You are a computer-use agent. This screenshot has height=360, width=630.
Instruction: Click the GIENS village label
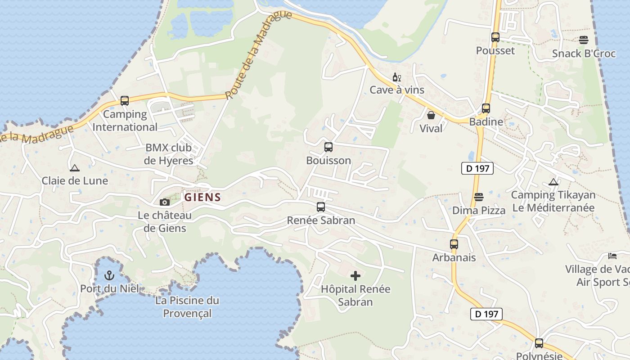202,197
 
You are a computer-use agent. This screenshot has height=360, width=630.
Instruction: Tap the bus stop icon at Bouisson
328,147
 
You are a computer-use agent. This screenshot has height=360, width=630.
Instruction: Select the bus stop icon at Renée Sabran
321,207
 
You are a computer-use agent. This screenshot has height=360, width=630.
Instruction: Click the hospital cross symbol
355,275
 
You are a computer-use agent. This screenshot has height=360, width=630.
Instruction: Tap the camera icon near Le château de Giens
165,202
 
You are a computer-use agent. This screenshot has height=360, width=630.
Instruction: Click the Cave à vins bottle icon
396,77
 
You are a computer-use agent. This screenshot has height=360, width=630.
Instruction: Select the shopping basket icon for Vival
431,116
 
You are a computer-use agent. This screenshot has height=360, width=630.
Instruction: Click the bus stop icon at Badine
486,108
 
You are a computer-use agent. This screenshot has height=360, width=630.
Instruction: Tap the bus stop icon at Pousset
495,37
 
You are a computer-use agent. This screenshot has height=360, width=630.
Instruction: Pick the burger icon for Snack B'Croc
584,40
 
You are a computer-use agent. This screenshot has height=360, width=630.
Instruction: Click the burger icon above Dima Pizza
479,197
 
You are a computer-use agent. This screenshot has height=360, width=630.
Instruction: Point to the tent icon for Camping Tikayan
553,182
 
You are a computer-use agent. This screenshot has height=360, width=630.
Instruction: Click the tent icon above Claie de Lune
75,168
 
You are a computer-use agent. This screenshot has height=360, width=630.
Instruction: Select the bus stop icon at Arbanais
454,244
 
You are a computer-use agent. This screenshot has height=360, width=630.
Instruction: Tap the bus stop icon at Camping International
125,101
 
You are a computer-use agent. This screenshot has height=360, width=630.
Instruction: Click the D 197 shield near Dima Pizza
477,169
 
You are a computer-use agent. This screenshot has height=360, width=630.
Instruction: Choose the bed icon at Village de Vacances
612,256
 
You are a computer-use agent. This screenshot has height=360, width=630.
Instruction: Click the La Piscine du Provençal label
187,306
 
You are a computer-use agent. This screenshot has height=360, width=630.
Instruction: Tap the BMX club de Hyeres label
168,154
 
